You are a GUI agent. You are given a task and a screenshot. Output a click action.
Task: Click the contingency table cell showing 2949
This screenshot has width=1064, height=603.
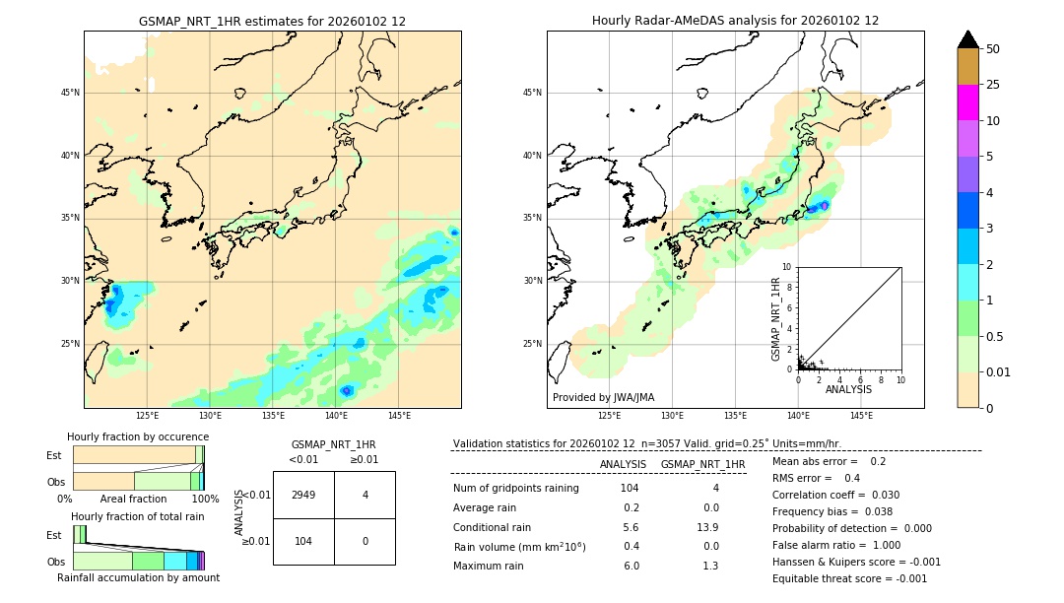pos(303,495)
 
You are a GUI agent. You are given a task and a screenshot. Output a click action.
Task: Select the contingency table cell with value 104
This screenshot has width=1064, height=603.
pos(303,542)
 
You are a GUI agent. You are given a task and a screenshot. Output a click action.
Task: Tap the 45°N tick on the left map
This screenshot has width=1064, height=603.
pos(70,93)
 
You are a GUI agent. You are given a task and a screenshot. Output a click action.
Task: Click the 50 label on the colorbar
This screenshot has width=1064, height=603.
pos(994,49)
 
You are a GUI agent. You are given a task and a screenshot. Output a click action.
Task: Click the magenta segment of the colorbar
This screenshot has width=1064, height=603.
pos(967,102)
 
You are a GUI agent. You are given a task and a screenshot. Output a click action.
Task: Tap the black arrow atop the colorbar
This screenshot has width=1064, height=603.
pos(967,39)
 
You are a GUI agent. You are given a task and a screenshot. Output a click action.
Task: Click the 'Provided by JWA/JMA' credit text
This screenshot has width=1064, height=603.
pos(603,398)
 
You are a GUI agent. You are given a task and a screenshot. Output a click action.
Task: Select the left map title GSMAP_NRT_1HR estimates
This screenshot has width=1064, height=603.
pos(272,21)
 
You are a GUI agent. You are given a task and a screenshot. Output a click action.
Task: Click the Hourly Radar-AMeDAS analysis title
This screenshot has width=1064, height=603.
pos(735,21)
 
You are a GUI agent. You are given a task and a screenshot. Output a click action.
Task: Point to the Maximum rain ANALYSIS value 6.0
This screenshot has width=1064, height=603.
pos(631,566)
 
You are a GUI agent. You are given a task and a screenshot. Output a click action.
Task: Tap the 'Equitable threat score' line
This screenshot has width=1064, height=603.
pos(849,578)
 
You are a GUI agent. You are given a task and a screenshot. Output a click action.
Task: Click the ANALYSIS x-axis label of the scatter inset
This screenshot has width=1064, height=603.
pos(848,389)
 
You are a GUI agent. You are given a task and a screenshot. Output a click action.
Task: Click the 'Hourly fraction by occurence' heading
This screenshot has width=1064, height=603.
pos(138,436)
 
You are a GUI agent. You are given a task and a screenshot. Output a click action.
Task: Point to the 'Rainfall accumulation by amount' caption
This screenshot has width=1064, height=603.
pos(138,577)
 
